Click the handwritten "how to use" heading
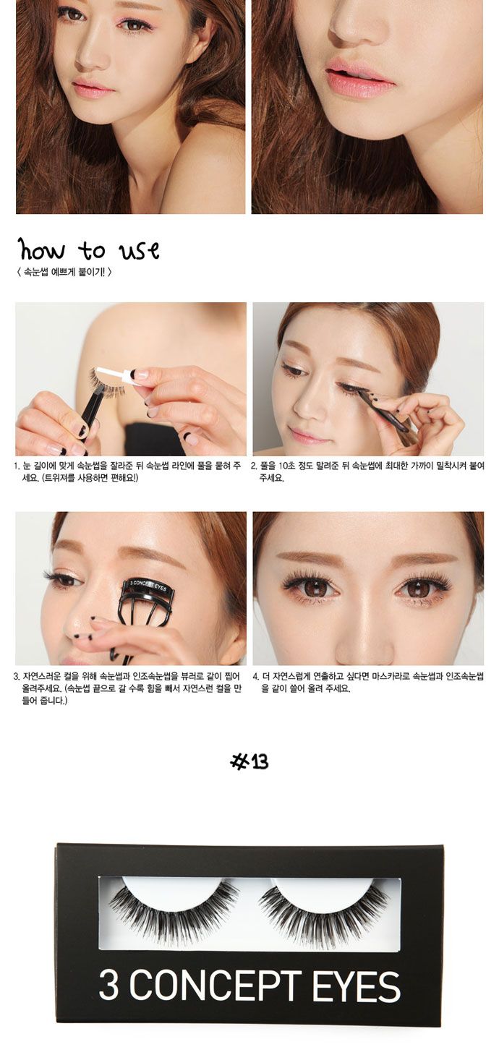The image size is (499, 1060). [x=89, y=249]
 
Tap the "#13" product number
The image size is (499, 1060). [x=249, y=761]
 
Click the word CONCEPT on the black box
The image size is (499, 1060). [x=215, y=985]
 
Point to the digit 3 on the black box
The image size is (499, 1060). [x=108, y=985]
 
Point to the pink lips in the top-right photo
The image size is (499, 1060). [x=360, y=79]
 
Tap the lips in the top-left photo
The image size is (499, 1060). [x=93, y=87]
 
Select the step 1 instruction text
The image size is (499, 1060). [x=127, y=472]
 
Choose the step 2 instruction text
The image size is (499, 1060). [x=367, y=472]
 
